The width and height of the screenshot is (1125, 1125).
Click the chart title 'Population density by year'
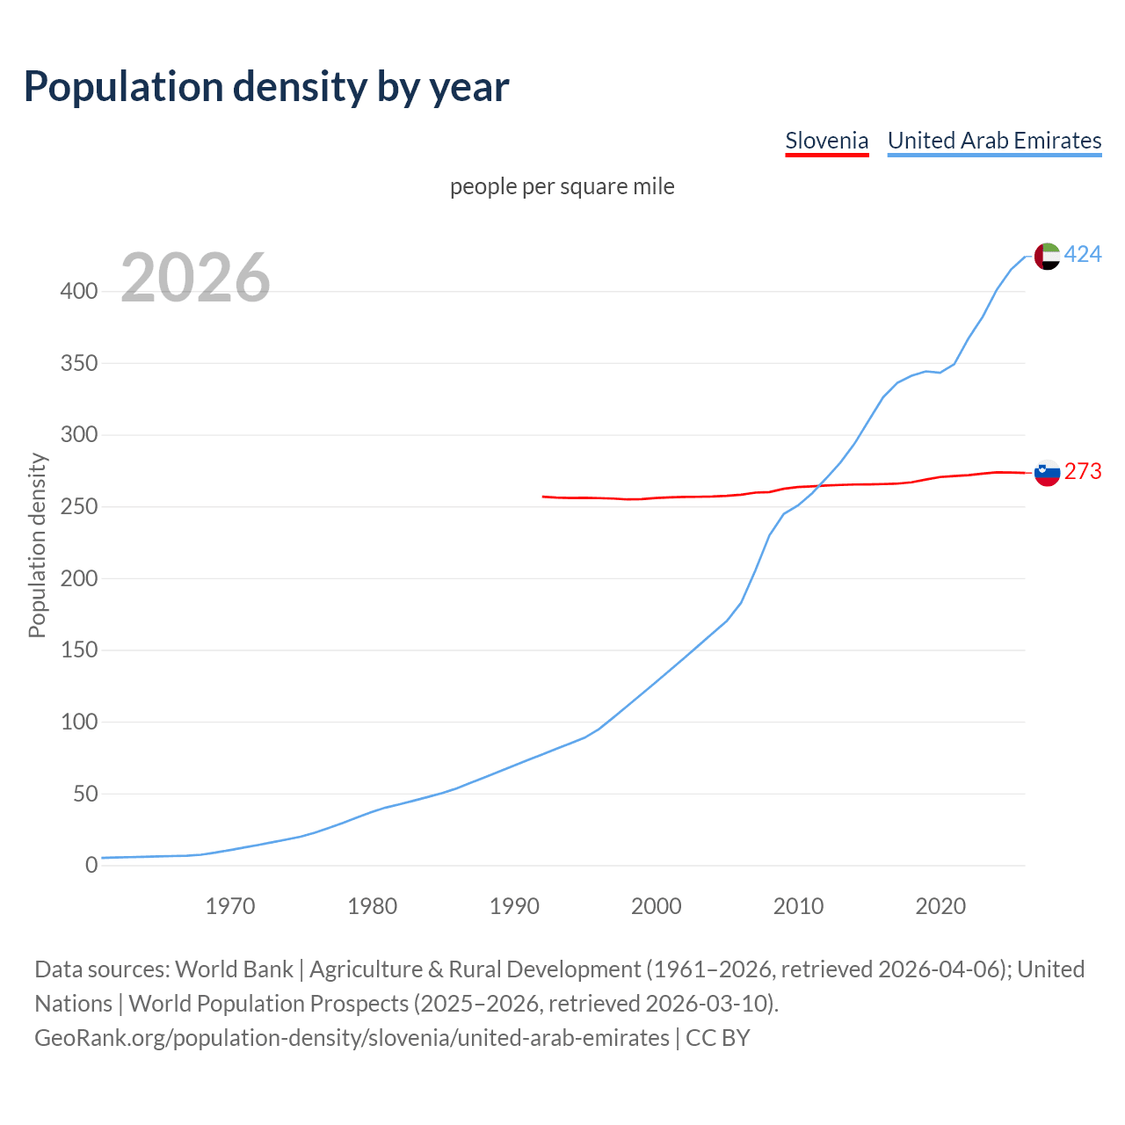(x=266, y=86)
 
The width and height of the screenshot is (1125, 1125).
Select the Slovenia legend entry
(x=826, y=141)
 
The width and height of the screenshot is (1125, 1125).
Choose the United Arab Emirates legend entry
(x=994, y=141)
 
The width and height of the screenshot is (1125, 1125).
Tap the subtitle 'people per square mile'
(x=562, y=186)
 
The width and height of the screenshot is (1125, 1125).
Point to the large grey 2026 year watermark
(x=195, y=278)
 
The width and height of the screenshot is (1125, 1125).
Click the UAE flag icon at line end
(x=1047, y=256)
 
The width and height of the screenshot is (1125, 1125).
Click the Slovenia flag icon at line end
(x=1047, y=473)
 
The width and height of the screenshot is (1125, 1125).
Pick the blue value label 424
(x=1083, y=255)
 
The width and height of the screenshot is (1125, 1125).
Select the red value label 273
(x=1083, y=472)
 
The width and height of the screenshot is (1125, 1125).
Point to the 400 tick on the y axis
(x=79, y=292)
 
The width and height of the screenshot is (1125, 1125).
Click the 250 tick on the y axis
(x=79, y=507)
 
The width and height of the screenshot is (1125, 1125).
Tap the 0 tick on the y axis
(x=91, y=866)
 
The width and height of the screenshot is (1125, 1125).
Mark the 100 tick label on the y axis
(x=79, y=722)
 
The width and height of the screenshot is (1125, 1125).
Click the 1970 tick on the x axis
(x=230, y=906)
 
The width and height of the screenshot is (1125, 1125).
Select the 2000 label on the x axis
(x=656, y=906)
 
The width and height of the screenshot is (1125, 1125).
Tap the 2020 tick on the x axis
(x=940, y=906)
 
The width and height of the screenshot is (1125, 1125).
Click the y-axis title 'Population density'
(x=37, y=545)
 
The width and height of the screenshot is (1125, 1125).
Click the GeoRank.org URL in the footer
(x=352, y=1038)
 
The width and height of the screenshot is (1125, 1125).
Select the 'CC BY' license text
(x=718, y=1038)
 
